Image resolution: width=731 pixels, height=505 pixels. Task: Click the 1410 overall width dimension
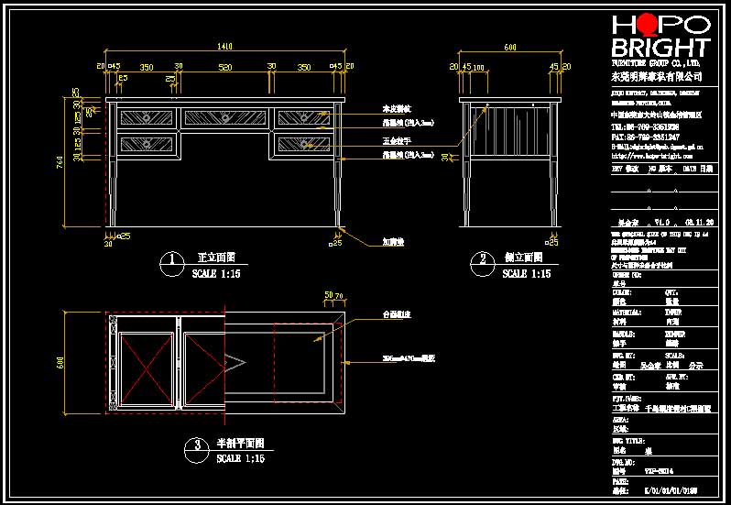[224, 47]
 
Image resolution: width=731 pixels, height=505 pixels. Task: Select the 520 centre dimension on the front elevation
[224, 66]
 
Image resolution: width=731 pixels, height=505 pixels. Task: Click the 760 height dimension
[61, 163]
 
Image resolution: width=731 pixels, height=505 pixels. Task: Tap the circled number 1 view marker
[171, 262]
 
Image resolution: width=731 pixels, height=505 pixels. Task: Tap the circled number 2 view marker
[481, 262]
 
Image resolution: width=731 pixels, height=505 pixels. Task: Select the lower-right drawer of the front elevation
[302, 143]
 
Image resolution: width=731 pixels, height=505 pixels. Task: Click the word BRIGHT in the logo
[660, 49]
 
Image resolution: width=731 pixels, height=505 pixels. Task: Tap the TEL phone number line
[645, 126]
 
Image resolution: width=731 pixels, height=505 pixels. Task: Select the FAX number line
[645, 136]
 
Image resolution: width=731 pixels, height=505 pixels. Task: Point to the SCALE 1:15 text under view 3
[241, 457]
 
